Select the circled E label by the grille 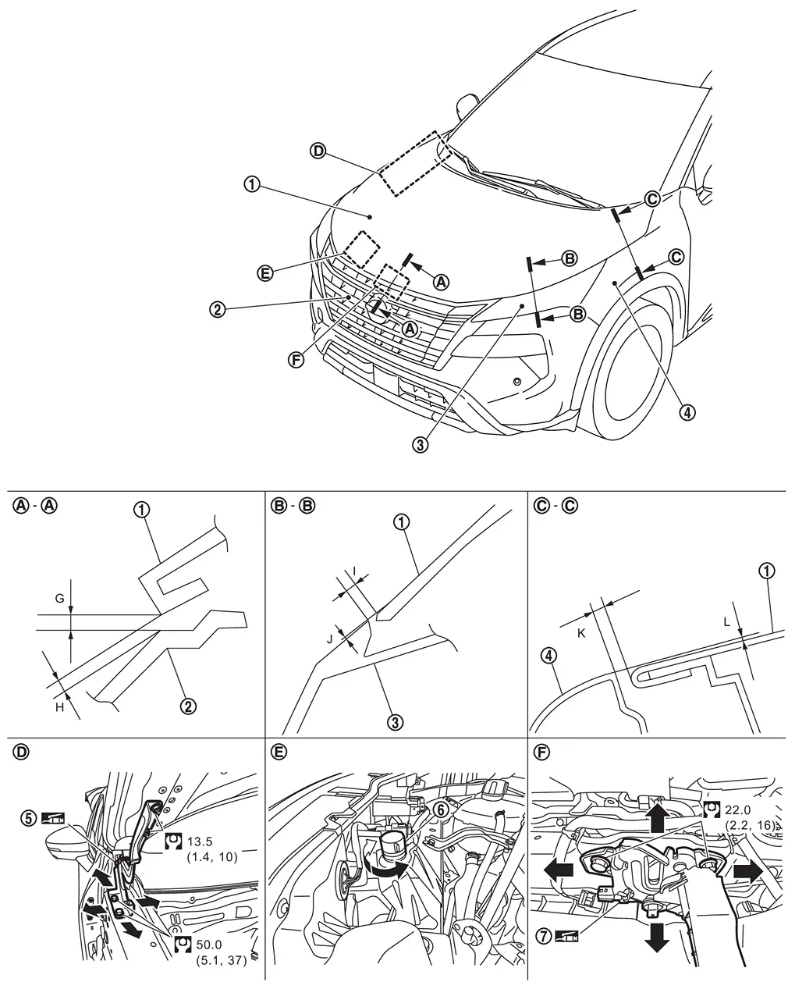(x=264, y=272)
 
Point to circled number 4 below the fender (x=687, y=412)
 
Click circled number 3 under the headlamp (x=421, y=445)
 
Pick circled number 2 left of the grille (x=218, y=309)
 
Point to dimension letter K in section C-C (x=580, y=613)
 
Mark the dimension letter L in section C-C (x=727, y=623)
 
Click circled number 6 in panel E (x=441, y=810)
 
